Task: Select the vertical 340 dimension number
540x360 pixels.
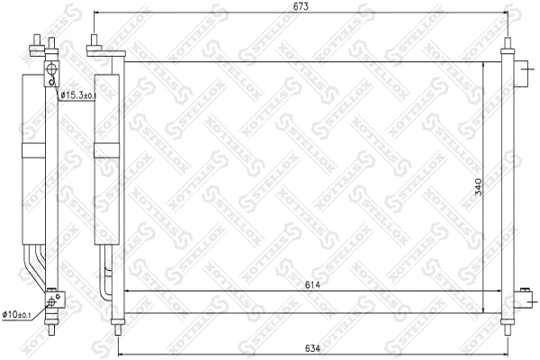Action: [480, 187]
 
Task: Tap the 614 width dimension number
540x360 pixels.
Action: [312, 285]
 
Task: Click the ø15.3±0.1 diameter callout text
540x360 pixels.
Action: [78, 95]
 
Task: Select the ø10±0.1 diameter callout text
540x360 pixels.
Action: [19, 314]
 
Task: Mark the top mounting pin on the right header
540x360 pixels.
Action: [508, 45]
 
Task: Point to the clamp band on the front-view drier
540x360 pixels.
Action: [105, 146]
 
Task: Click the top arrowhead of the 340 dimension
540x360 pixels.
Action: [485, 66]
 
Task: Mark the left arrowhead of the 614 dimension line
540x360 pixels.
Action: [125, 292]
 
